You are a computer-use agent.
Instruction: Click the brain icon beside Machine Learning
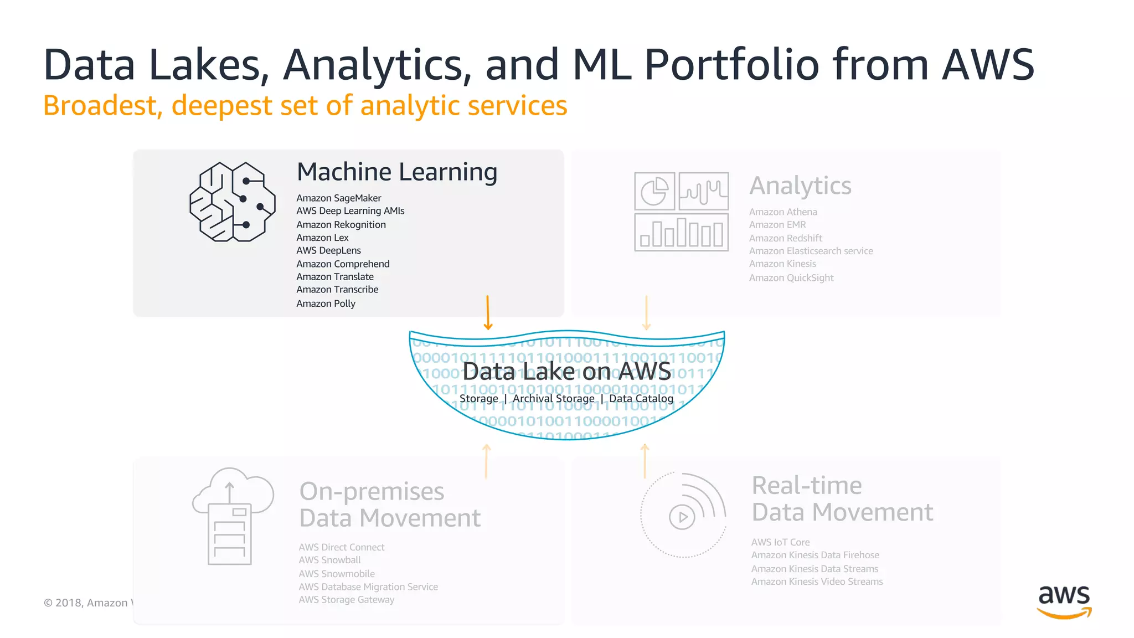point(233,202)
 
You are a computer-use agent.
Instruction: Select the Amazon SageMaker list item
point(338,198)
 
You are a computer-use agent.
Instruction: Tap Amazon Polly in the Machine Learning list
point(326,303)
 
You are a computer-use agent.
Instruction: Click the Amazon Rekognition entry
point(341,224)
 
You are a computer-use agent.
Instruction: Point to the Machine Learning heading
point(397,172)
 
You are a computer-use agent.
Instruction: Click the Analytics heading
point(800,186)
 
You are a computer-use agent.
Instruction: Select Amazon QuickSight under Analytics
point(791,277)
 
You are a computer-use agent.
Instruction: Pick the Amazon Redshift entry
point(785,238)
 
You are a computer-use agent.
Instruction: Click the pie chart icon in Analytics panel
point(654,191)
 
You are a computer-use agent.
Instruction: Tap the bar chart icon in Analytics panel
point(681,233)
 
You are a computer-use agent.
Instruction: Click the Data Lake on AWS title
point(566,371)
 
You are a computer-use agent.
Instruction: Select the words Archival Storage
point(553,399)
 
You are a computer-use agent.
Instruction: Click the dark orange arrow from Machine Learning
point(487,312)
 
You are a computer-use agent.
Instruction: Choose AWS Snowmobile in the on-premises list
point(337,574)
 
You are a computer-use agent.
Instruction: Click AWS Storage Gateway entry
point(346,600)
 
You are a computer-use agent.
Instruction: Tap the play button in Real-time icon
point(682,517)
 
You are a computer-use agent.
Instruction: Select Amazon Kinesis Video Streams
point(817,582)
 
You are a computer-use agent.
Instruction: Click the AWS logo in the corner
point(1064,601)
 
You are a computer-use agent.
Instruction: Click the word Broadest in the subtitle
point(102,106)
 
